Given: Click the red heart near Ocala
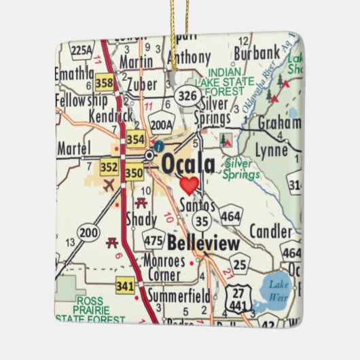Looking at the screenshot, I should coord(189,184).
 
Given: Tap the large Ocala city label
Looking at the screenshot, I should coord(188,164).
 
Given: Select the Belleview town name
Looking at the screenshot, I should coord(203,243).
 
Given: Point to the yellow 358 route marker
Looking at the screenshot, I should coord(105,83).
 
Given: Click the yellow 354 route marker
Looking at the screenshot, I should coord(136,139).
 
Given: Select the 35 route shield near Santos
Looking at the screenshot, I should coord(200,219).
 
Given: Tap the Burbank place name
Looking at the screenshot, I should coord(257,52).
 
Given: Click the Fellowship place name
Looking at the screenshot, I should coord(82,100).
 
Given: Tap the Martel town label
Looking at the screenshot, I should coord(74,147).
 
